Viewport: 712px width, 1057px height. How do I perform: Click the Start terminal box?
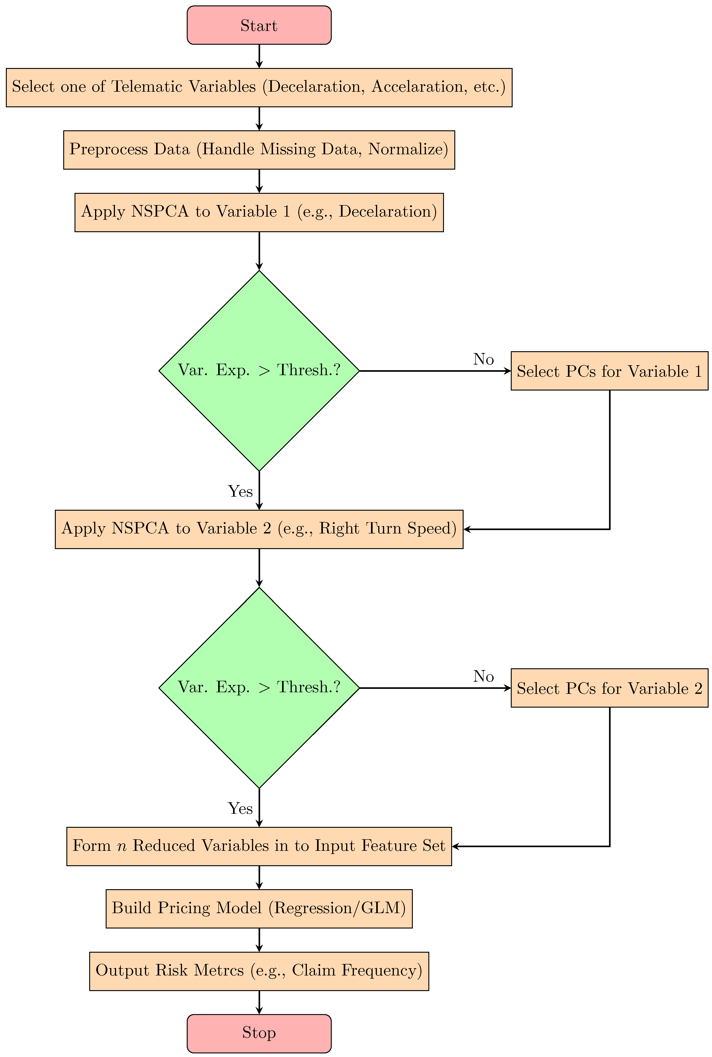pos(259,26)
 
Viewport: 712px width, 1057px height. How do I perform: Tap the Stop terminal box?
pos(259,1033)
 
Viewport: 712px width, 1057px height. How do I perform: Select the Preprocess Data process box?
pos(259,150)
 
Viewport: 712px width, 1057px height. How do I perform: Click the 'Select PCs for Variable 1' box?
pos(609,371)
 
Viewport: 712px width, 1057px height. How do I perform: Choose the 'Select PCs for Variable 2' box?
pos(609,688)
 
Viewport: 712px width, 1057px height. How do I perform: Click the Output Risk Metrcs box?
pos(259,970)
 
